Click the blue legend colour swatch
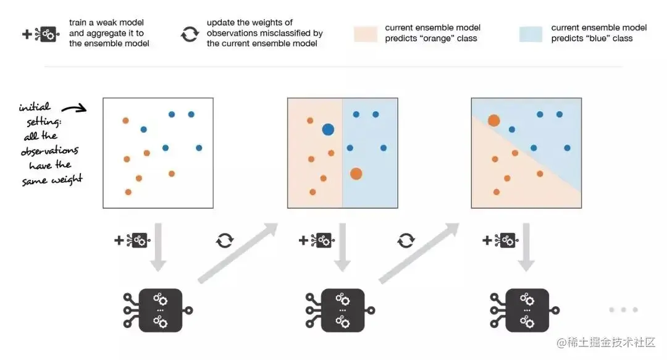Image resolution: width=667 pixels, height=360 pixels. (531, 34)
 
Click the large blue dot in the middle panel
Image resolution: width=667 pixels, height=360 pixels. (328, 130)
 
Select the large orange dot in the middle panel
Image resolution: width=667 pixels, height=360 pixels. (356, 174)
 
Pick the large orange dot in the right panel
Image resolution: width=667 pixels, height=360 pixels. (493, 120)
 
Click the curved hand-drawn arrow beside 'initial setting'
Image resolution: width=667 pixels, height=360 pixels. (73, 109)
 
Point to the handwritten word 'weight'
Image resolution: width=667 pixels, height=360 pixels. (69, 180)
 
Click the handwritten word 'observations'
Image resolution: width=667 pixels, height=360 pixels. (49, 151)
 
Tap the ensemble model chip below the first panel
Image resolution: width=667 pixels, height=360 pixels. (160, 309)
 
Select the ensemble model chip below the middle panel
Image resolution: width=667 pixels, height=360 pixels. (342, 309)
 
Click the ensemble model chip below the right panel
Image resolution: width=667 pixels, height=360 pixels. (526, 309)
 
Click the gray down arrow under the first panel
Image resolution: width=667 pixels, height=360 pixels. (159, 247)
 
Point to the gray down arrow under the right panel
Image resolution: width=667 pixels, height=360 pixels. (526, 247)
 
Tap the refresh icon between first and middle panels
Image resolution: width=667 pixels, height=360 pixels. (224, 240)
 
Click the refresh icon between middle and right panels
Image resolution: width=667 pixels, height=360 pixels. (406, 240)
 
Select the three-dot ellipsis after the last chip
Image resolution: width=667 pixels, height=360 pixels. (623, 310)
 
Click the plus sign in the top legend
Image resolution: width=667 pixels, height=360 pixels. (27, 34)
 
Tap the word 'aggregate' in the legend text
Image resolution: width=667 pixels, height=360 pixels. (99, 33)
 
